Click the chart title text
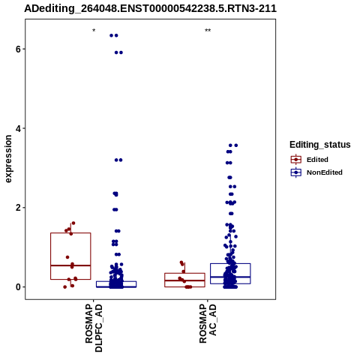(150, 9)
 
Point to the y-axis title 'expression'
(8, 159)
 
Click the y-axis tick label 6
(18, 49)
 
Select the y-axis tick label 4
(18, 128)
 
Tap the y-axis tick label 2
(18, 208)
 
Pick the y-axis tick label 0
(18, 287)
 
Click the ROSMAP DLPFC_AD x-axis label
(94, 328)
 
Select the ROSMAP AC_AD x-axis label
(208, 324)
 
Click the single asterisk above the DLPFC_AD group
(94, 31)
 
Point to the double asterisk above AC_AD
(208, 31)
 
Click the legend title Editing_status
(319, 145)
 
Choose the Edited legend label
(317, 160)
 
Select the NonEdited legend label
(325, 172)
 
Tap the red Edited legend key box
(296, 160)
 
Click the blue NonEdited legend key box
(296, 172)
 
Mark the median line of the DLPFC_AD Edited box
(70, 265)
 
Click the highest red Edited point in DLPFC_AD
(73, 223)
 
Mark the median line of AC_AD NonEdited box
(230, 277)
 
